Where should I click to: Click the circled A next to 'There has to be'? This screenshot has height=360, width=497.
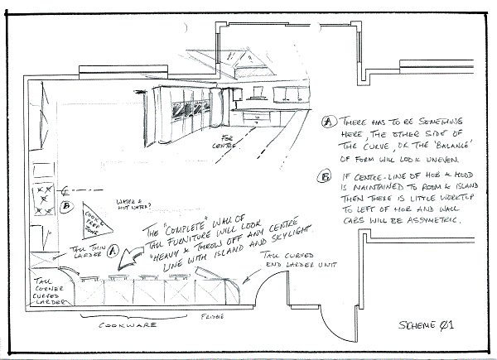(x=328, y=121)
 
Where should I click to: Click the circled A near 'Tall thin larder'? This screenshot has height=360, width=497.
(x=113, y=247)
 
